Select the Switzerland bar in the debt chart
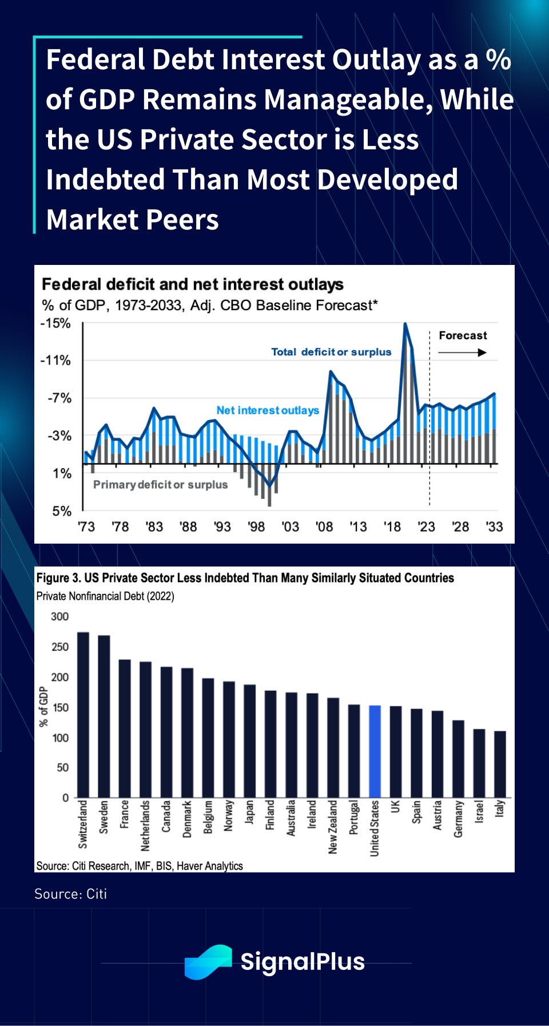click(x=83, y=715)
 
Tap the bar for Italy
click(x=500, y=764)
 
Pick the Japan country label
click(x=249, y=812)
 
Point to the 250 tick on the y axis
click(x=60, y=647)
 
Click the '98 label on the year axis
click(x=256, y=527)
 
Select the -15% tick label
click(x=55, y=323)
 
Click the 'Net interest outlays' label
click(x=268, y=410)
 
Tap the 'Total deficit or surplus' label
click(x=331, y=352)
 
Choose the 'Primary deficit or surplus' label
click(x=160, y=485)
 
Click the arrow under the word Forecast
click(x=462, y=352)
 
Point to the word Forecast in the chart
click(x=463, y=335)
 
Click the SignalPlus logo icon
click(x=208, y=961)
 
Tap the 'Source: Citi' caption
click(x=70, y=894)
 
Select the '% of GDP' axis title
click(x=43, y=707)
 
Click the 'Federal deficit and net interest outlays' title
click(x=193, y=284)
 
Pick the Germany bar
click(x=458, y=759)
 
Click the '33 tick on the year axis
click(x=494, y=527)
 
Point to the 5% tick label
click(x=62, y=511)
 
